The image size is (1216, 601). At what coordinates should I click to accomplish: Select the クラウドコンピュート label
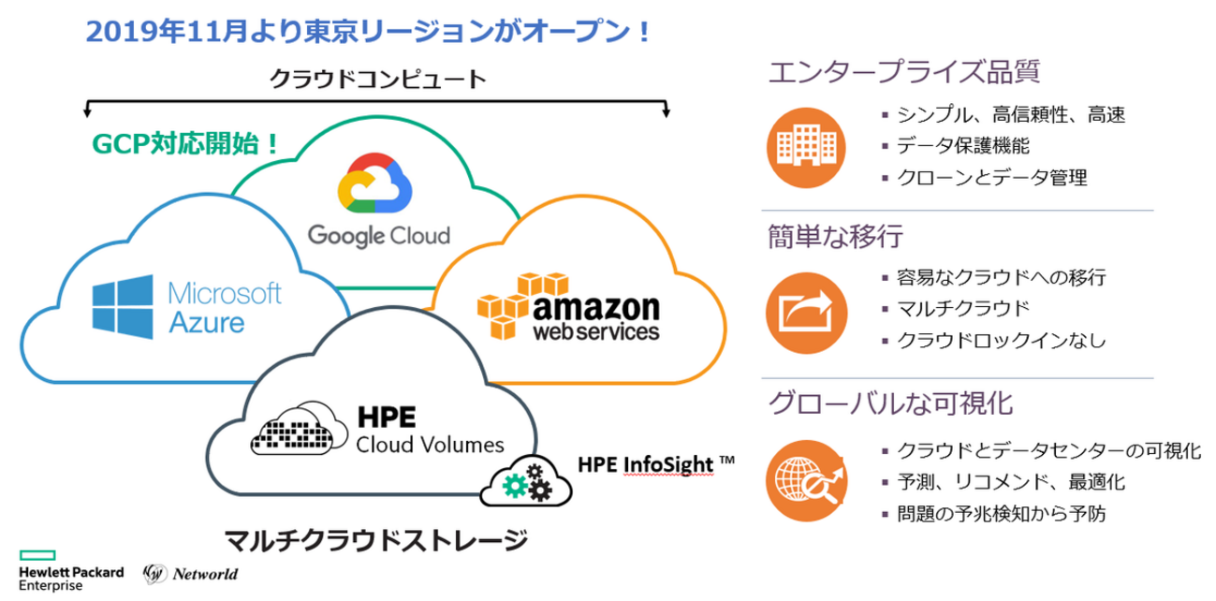click(x=377, y=79)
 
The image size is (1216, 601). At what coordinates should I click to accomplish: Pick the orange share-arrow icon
click(x=804, y=309)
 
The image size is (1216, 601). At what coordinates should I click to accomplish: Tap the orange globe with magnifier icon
click(x=804, y=477)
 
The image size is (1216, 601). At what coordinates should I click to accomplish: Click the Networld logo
click(x=191, y=572)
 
